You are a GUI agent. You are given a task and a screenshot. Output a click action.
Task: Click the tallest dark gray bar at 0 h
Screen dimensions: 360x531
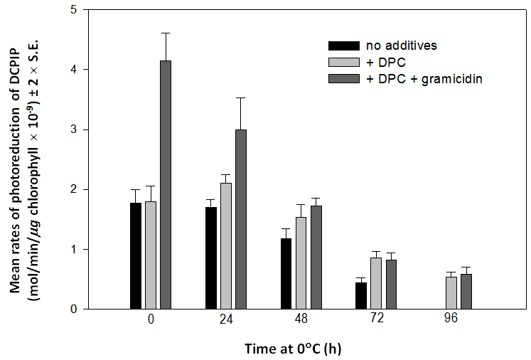[166, 185]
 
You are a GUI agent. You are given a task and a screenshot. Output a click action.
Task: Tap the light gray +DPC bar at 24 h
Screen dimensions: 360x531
[226, 246]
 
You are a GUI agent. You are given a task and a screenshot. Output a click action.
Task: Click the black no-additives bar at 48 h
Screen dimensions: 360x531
[286, 274]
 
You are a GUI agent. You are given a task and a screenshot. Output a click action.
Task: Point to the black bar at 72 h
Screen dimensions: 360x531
[361, 296]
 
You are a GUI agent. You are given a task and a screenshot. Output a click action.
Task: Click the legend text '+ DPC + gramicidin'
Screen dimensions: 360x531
[424, 78]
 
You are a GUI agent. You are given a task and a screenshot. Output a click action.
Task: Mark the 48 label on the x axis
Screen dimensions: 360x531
[301, 319]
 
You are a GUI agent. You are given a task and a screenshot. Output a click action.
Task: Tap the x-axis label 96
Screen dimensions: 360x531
[451, 319]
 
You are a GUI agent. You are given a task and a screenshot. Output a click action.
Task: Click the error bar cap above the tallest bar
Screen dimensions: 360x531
[166, 33]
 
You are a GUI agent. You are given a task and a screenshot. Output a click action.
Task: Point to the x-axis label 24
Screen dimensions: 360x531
[226, 319]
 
